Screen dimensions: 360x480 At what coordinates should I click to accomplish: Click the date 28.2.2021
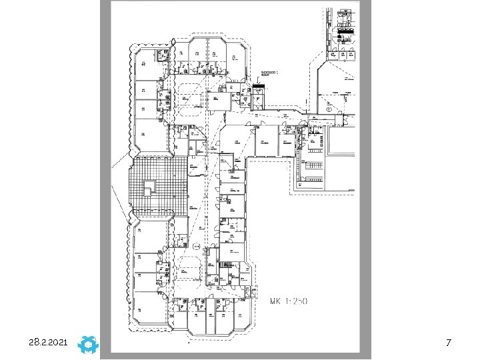coord(49,342)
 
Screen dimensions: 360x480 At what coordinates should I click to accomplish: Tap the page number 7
coord(449,342)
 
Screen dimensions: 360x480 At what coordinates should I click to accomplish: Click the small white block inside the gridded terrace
coord(151,187)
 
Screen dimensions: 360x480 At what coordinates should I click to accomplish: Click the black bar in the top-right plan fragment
coord(346,31)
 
